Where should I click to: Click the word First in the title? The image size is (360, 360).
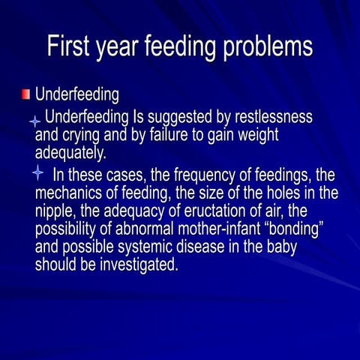[x=70, y=46]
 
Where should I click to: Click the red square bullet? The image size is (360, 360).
[x=25, y=94]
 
